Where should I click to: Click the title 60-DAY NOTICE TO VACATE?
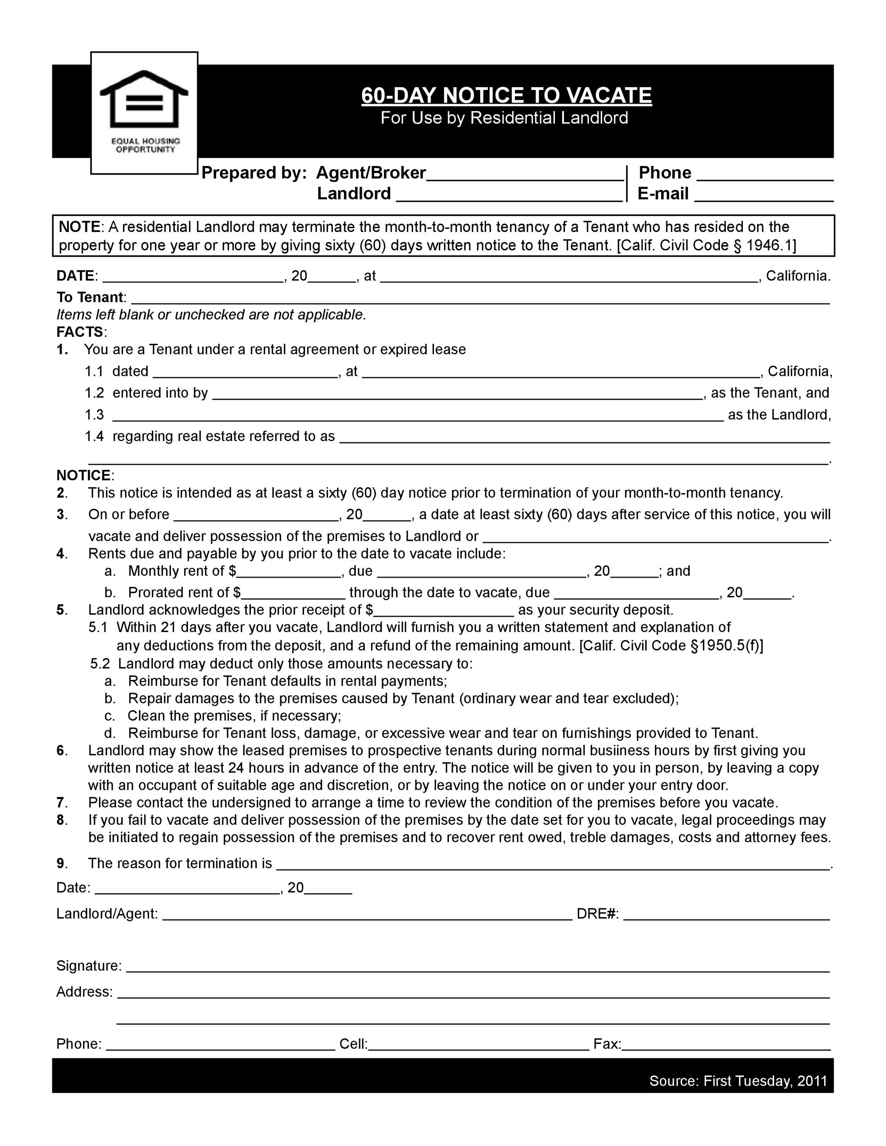(x=506, y=95)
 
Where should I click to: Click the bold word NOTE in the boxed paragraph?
(x=79, y=227)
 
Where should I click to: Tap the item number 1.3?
(x=94, y=415)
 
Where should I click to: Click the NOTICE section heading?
(x=84, y=475)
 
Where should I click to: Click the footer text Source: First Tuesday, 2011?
(x=738, y=1081)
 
